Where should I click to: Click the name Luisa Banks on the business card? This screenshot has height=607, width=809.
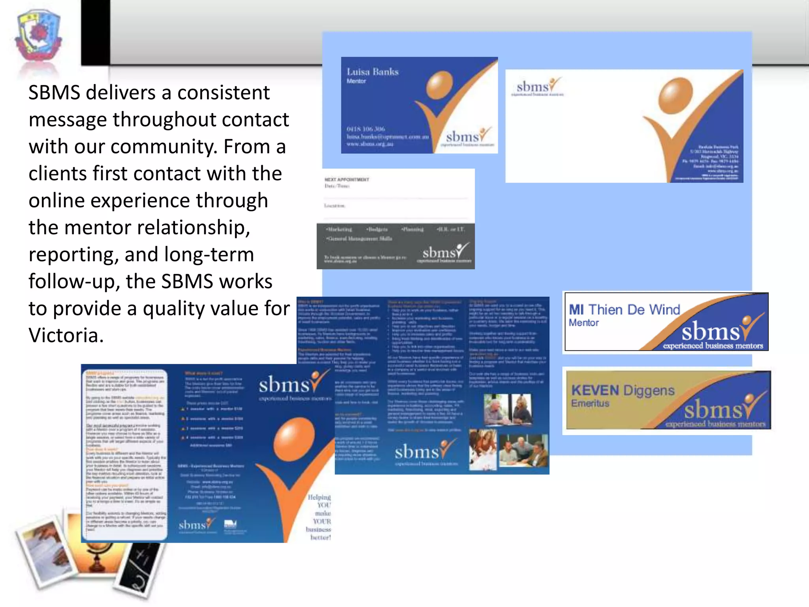pos(373,72)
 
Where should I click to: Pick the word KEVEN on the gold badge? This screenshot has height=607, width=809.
pos(595,390)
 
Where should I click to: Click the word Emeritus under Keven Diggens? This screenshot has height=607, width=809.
pos(590,403)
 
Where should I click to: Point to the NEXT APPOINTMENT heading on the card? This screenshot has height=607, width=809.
pos(346,179)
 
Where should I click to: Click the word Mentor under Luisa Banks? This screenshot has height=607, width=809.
pos(356,81)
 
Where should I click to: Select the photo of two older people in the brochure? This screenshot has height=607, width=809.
pos(508,409)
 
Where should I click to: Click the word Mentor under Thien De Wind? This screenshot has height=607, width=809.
pos(583,323)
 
